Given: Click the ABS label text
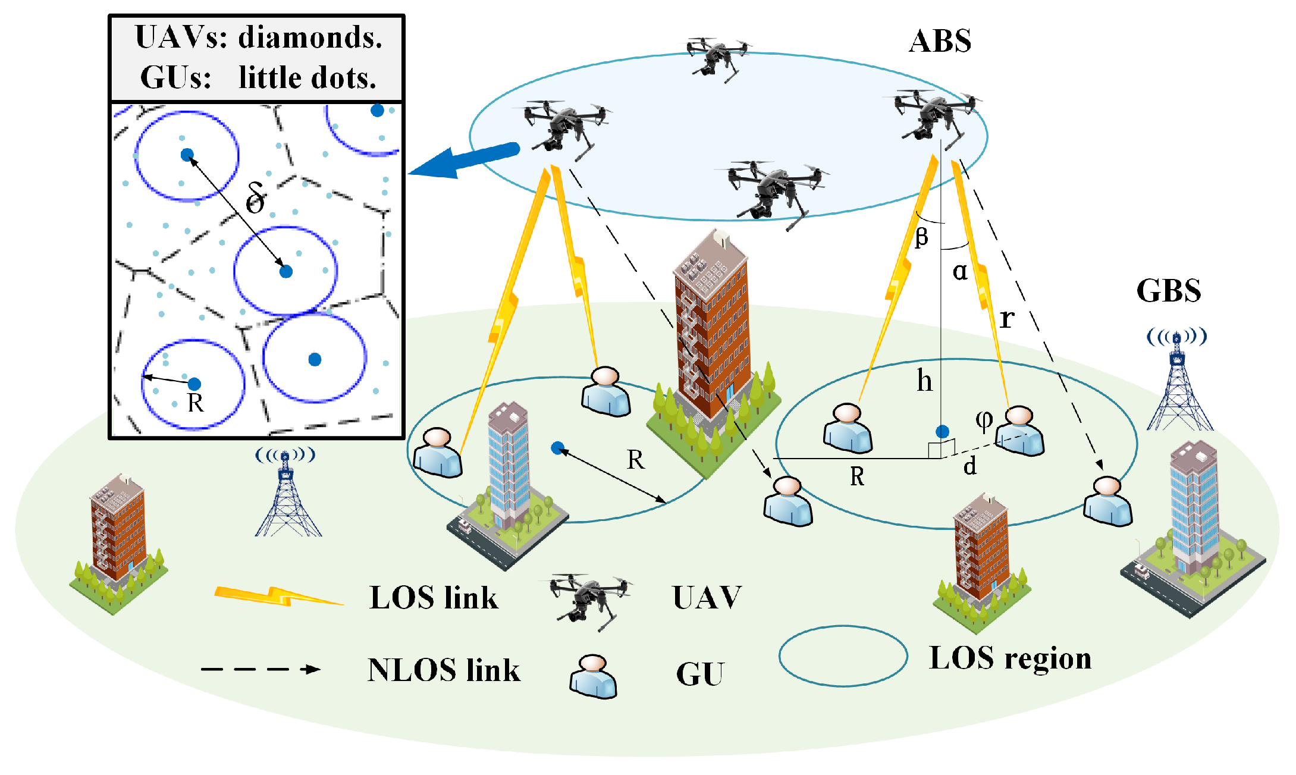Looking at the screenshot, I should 940,42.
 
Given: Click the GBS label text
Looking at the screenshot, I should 1168,291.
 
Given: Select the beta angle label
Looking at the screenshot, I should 921,237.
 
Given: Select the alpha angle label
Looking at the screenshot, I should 960,271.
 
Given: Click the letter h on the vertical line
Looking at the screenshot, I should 924,381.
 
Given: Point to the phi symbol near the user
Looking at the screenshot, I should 984,420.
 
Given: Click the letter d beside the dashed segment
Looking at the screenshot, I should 970,466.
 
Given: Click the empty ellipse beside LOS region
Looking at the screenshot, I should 843,656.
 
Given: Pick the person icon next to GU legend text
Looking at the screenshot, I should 593,677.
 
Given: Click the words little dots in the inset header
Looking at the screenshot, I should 307,78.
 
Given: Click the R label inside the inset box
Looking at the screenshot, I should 196,403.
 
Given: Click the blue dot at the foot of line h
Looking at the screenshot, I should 942,432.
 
